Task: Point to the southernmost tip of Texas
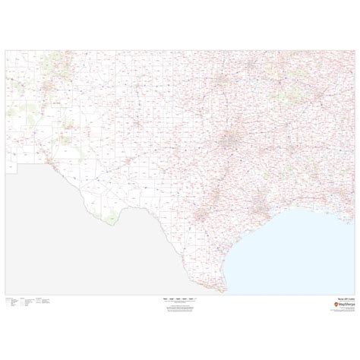pos(221,288)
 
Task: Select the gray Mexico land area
pos(91,251)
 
